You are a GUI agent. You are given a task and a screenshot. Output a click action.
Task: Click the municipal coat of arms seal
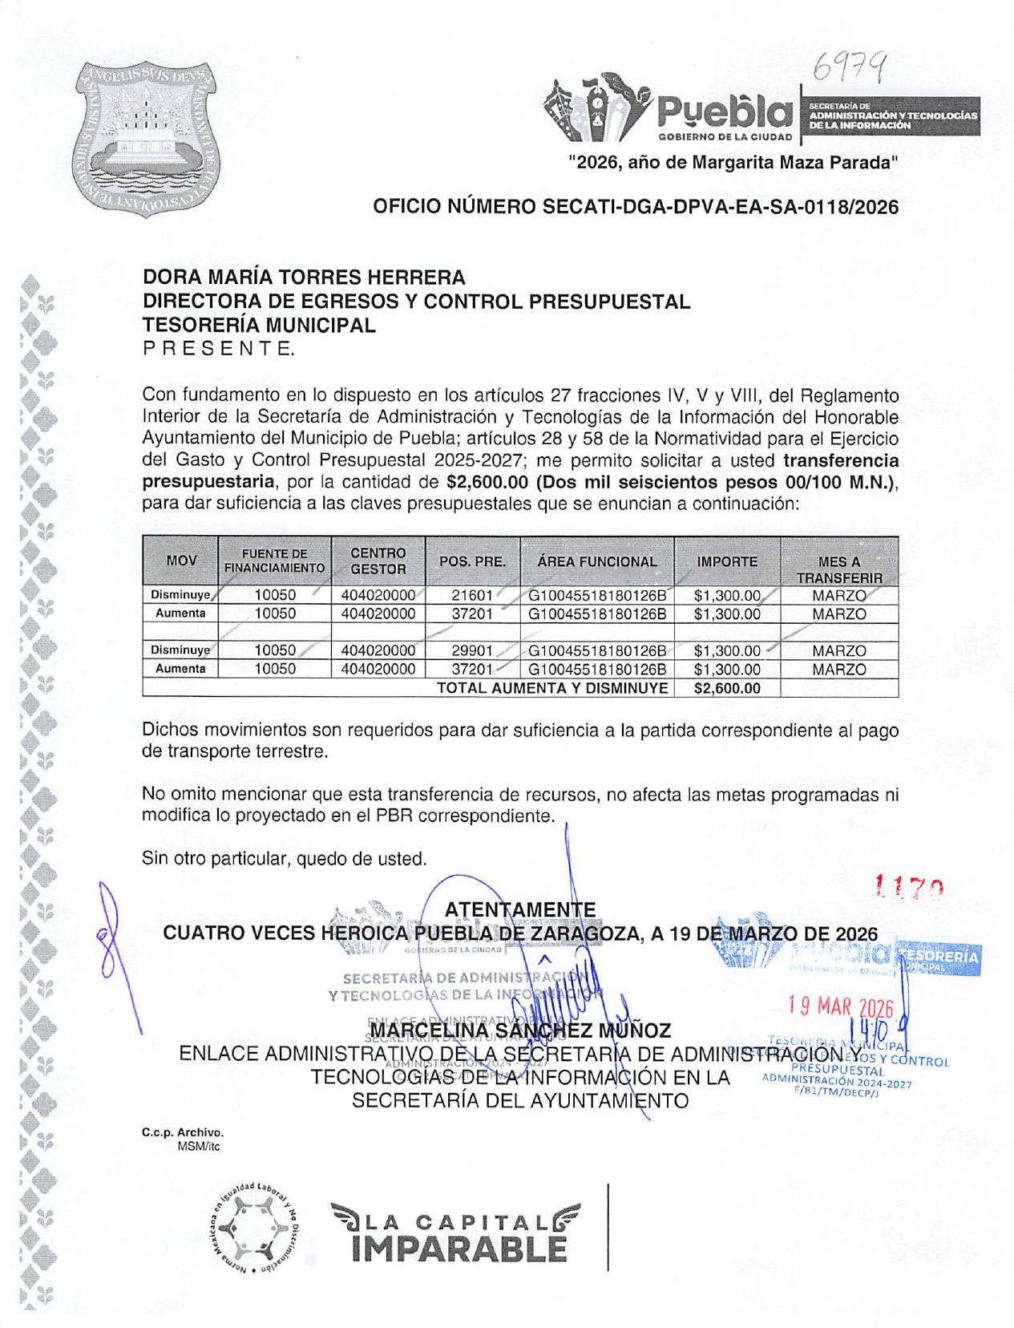coord(147,138)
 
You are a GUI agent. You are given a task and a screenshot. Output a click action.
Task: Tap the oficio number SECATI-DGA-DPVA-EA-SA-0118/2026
coord(635,207)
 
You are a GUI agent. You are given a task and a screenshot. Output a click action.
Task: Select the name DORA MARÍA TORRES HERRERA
coord(304,277)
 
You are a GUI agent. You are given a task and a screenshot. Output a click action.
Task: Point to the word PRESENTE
coord(218,349)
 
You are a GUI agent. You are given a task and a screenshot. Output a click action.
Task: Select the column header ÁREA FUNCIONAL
coord(596,561)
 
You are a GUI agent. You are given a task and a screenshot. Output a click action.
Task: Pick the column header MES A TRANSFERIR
coord(838,569)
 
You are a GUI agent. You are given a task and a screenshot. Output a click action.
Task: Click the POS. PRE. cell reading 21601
coord(472,596)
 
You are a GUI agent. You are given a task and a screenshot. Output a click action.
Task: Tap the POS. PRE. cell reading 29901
coord(472,651)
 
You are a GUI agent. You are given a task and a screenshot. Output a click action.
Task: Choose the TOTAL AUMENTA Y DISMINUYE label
coord(551,688)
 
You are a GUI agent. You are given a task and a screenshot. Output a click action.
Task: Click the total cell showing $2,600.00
coord(726,688)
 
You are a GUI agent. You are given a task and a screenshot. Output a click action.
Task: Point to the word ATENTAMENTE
coord(519,909)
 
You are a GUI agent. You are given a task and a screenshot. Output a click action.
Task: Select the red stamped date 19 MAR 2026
coord(840,1006)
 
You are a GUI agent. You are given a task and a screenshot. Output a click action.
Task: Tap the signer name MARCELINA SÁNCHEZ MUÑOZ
coord(519,1030)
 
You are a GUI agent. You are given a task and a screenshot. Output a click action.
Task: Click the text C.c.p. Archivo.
coord(182,1132)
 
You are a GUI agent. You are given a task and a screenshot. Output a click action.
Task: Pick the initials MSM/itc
coord(198,1147)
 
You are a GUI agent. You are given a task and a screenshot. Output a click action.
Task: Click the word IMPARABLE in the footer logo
coord(458,1249)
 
